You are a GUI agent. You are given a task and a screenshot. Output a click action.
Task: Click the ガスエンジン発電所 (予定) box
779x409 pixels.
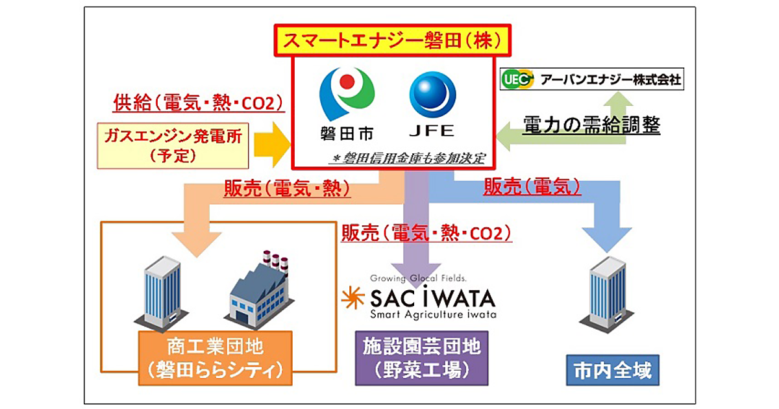click(173, 144)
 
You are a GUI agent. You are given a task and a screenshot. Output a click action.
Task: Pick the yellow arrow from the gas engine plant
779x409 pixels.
click(271, 144)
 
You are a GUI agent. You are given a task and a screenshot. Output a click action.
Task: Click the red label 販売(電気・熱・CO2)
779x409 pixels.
click(427, 232)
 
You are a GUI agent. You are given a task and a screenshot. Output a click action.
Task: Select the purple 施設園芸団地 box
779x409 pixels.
click(421, 358)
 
